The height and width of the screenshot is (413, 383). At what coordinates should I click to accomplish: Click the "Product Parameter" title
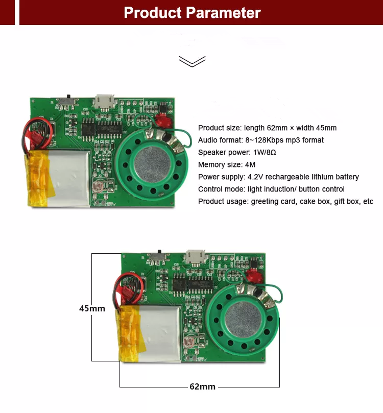192,12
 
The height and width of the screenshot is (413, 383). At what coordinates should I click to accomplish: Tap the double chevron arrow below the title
192,61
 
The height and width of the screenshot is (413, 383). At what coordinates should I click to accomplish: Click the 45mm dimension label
92,308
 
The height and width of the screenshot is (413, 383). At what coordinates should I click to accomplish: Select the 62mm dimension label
202,386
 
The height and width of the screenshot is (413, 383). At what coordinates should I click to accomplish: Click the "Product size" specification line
267,128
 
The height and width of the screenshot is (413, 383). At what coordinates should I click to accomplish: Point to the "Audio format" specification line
260,140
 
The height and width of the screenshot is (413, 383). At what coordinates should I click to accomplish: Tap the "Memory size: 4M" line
226,164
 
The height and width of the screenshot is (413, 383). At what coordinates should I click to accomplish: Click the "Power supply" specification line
278,177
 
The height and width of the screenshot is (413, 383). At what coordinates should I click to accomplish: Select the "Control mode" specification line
268,189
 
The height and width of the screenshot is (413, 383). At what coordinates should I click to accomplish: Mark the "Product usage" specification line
285,202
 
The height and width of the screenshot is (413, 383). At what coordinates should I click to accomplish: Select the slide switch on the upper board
67,100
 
